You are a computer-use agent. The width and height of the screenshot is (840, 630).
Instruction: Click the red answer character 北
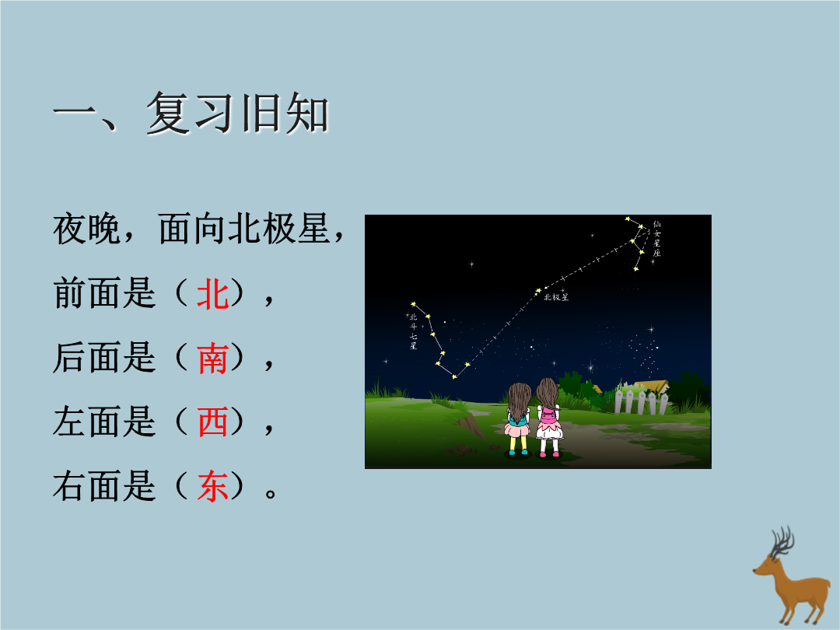click(x=213, y=294)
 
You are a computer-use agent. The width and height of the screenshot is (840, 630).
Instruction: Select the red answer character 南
click(x=213, y=359)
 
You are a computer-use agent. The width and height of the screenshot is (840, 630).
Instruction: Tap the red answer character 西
click(x=213, y=422)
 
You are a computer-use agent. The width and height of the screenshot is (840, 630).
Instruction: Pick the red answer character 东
click(x=213, y=486)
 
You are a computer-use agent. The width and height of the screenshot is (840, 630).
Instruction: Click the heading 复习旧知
click(x=237, y=113)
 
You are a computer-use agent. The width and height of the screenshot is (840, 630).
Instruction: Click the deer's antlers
click(x=782, y=542)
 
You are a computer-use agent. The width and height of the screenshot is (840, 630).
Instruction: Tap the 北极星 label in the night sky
click(x=556, y=297)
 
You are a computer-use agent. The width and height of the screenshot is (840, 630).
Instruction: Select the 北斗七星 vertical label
click(x=413, y=331)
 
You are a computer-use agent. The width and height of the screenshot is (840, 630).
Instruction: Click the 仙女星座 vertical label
click(x=656, y=239)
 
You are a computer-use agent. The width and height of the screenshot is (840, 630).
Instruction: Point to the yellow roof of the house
click(x=652, y=387)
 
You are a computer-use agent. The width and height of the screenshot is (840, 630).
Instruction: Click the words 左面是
click(x=104, y=422)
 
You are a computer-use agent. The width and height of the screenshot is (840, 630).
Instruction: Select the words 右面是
click(x=104, y=486)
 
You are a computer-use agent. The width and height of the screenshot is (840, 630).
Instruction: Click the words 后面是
click(x=104, y=359)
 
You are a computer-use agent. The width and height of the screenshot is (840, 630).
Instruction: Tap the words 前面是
click(x=104, y=294)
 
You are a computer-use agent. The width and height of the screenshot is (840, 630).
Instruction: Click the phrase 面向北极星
click(x=243, y=229)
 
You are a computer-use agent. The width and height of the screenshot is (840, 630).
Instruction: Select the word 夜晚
click(x=86, y=229)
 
